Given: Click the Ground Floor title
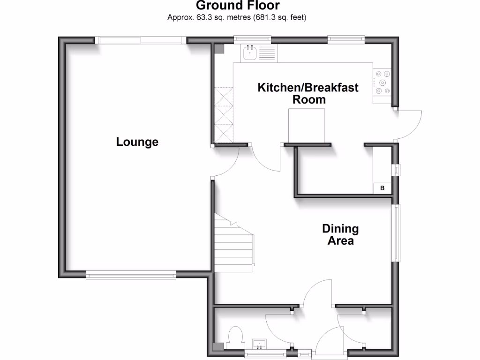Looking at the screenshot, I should click(x=238, y=6).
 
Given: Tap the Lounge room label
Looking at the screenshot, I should click(x=137, y=142).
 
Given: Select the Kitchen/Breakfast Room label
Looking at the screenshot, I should click(x=308, y=93).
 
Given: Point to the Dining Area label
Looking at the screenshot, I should click(x=340, y=235).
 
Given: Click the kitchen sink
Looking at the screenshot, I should click(x=249, y=53).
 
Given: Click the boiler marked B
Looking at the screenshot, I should click(x=382, y=188).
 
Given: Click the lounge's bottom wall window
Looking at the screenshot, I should click(x=131, y=276).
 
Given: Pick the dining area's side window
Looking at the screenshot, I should click(x=397, y=233).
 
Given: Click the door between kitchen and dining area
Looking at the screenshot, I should click(x=267, y=159).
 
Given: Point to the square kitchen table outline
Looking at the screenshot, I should click(x=306, y=125).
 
